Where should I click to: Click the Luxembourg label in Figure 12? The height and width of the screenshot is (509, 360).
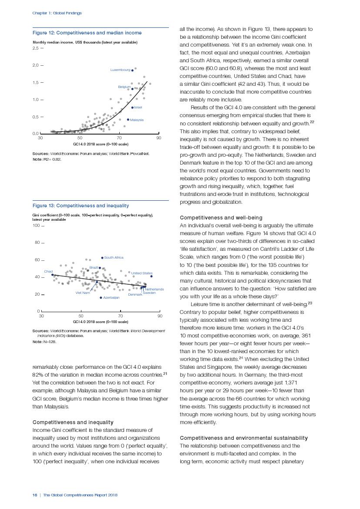[120, 70]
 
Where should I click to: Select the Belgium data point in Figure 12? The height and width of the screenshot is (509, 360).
[132, 89]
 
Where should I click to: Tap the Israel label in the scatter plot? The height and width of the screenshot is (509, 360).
[138, 107]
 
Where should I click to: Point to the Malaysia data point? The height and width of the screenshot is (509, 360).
[128, 119]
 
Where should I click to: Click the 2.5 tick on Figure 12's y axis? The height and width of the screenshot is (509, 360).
[36, 48]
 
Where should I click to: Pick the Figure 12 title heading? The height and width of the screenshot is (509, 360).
[87, 33]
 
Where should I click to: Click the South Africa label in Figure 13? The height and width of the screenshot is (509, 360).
[114, 258]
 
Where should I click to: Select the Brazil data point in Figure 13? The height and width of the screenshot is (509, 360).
[100, 268]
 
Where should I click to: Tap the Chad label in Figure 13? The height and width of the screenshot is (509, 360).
[48, 271]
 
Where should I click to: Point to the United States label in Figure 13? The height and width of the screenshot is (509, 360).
[141, 273]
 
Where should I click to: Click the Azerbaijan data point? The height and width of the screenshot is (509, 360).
[101, 298]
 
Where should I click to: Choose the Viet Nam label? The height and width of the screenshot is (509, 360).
[83, 293]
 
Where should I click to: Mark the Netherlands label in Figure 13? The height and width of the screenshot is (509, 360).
[154, 289]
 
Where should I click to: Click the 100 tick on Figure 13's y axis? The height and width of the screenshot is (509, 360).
[36, 226]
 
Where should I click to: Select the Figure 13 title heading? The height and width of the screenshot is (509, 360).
[81, 206]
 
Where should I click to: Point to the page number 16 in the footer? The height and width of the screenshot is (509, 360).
[35, 495]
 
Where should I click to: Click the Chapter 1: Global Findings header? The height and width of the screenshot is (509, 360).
[57, 13]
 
